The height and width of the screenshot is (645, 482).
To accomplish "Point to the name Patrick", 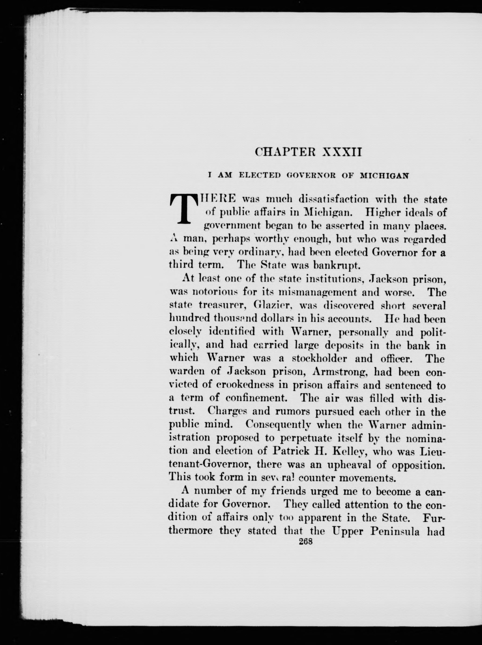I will tap(294, 451).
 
